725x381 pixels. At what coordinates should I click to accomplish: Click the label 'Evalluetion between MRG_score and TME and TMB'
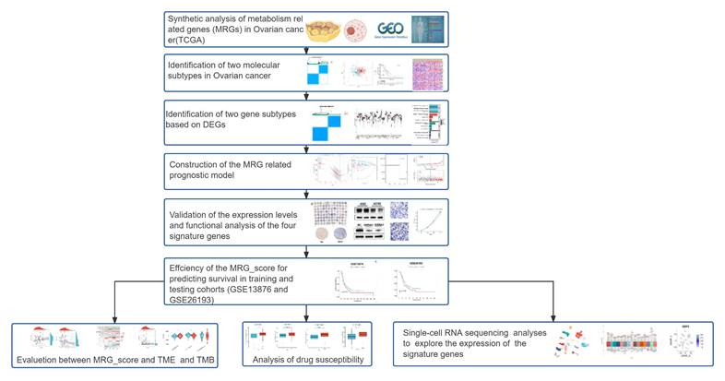point(114,358)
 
